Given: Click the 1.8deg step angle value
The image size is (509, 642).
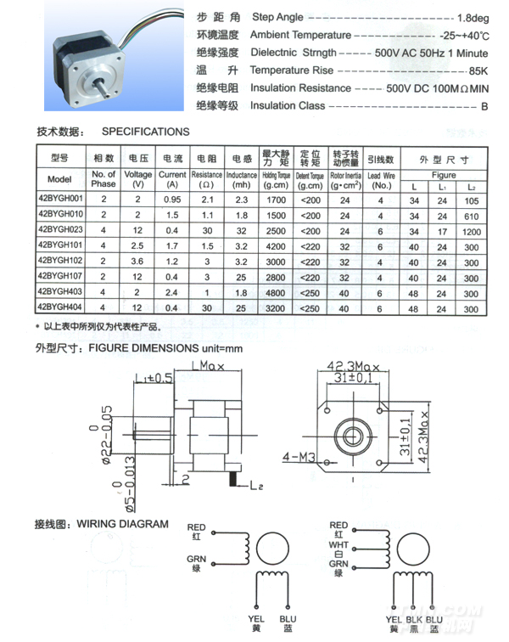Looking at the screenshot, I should (472, 18).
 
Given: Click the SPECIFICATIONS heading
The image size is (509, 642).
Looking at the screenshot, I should (145, 132).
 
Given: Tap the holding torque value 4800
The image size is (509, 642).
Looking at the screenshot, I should (277, 291).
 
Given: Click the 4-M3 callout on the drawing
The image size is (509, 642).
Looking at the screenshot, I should (297, 457).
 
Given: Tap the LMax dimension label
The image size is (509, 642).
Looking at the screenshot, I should (208, 366).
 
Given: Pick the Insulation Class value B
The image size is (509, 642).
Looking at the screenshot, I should (484, 106).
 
